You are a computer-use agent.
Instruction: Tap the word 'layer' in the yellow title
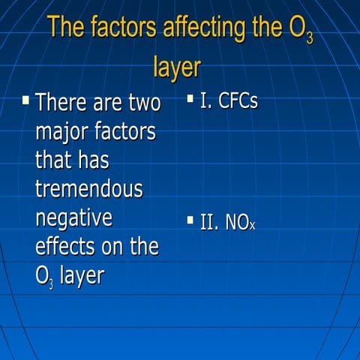177,67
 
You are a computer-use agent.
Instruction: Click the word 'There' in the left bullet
61,101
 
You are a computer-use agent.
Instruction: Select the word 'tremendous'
88,189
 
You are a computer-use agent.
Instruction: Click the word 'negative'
73,218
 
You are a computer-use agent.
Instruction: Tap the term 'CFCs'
238,101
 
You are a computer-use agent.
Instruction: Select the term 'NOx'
238,222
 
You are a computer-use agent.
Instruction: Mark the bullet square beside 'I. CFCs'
190,98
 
